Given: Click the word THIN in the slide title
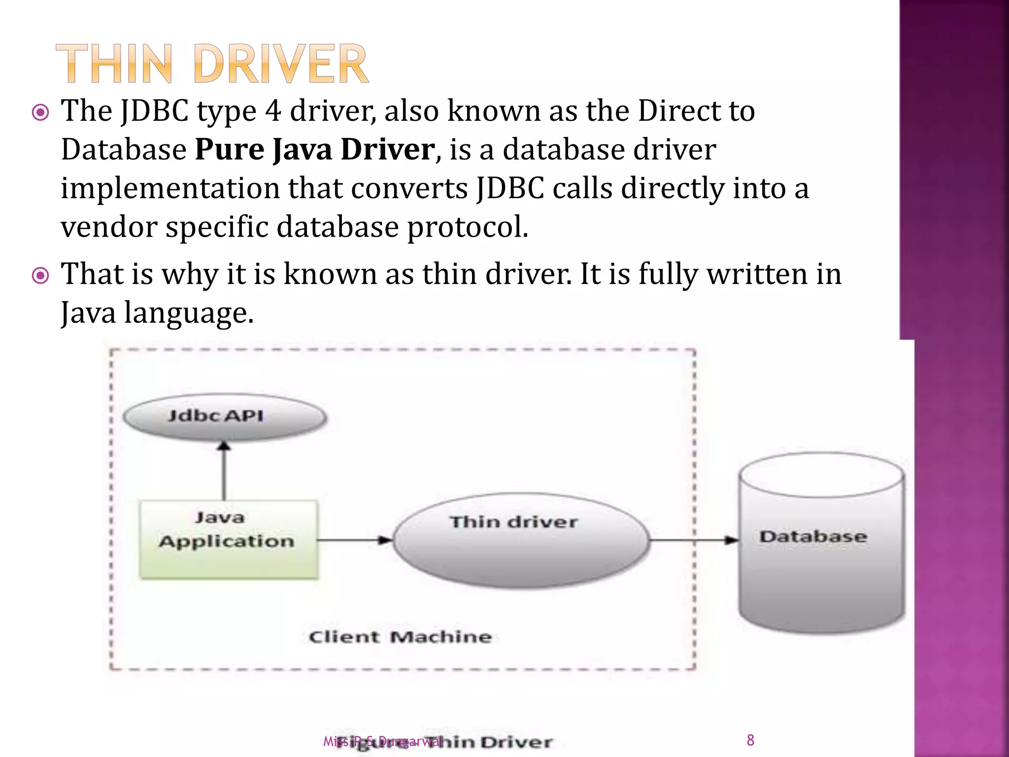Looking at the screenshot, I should [114, 64].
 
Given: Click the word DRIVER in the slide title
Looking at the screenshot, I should [281, 64].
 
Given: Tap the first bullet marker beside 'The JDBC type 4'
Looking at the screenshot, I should [40, 113].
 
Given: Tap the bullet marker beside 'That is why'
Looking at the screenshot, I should [40, 275].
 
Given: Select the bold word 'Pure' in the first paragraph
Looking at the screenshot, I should [230, 149].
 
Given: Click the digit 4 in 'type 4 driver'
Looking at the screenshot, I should [273, 111].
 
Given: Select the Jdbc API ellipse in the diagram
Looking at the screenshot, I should [225, 416].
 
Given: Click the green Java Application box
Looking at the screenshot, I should [228, 540].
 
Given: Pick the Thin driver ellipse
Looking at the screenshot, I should [520, 541].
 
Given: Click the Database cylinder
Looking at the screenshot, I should [821, 542].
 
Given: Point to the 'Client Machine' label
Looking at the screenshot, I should [400, 637].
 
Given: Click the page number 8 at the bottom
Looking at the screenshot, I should [750, 740].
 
